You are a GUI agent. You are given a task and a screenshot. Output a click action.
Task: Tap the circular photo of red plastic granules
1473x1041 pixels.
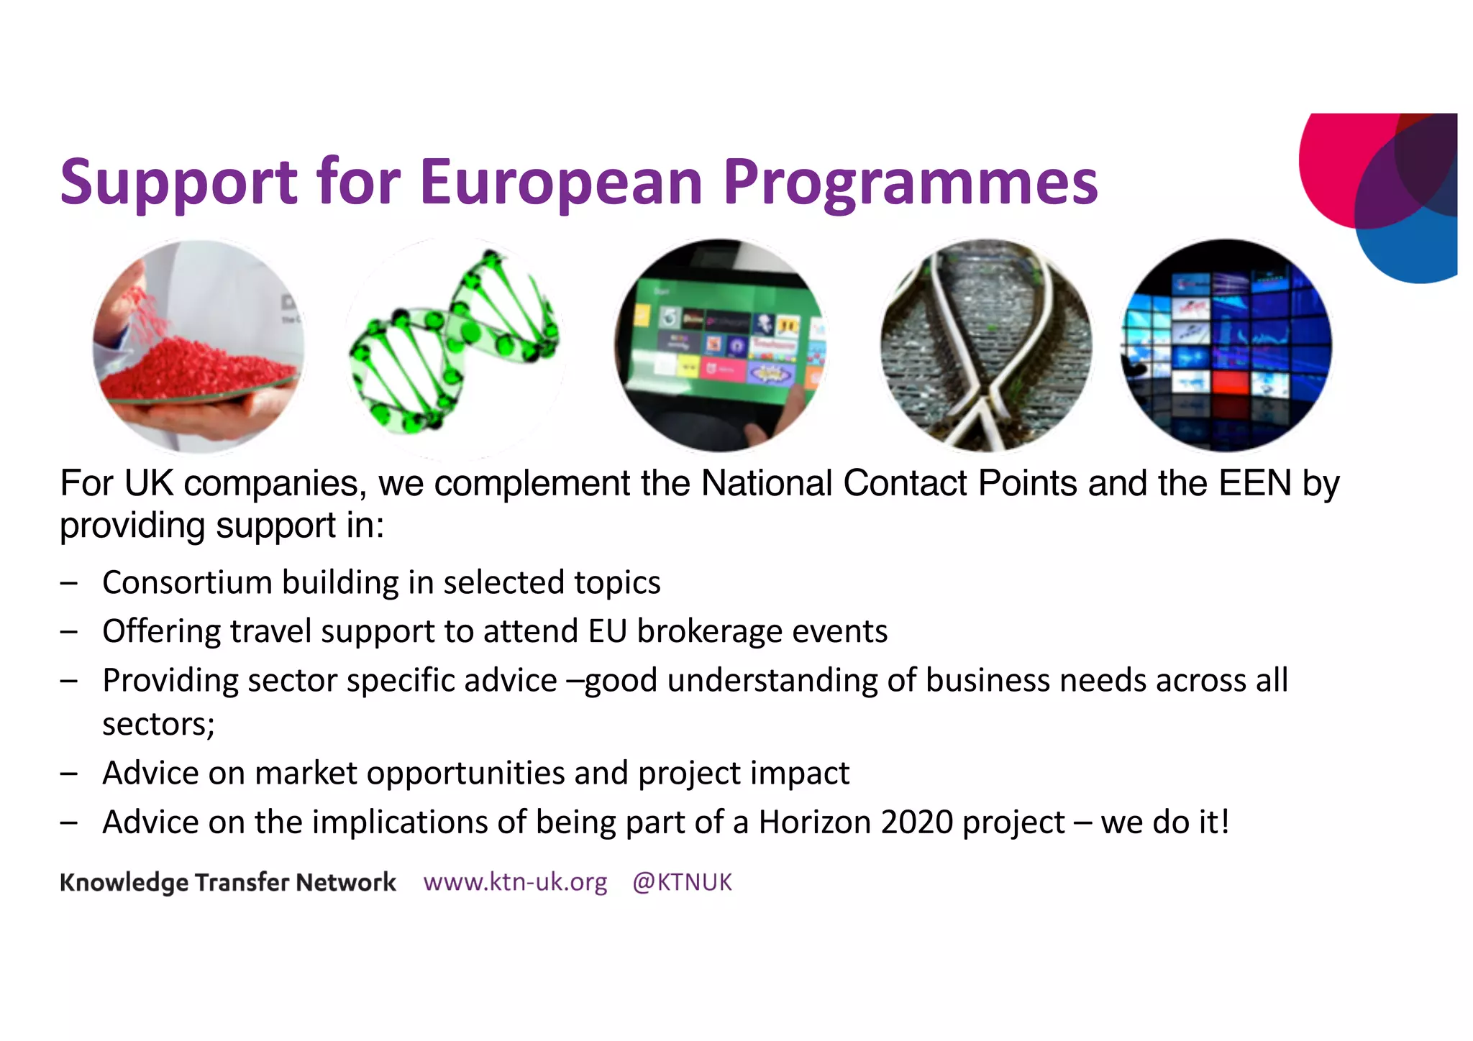198,347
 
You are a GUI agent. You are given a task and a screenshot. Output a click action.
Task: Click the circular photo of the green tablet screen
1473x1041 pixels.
721,346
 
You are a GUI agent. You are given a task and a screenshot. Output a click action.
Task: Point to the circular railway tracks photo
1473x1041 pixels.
986,346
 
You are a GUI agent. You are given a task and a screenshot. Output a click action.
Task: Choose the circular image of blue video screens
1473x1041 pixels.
1227,346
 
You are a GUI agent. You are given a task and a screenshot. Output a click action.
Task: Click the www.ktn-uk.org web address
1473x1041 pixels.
515,882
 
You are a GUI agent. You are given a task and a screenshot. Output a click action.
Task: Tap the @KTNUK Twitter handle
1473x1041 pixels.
682,882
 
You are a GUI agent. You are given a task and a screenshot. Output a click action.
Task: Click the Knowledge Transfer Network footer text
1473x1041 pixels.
228,882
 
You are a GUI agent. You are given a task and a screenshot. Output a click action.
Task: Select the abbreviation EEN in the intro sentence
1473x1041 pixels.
1254,483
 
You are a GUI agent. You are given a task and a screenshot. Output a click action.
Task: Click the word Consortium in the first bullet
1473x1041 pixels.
187,582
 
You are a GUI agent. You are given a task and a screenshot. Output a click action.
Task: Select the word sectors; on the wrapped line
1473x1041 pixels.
158,724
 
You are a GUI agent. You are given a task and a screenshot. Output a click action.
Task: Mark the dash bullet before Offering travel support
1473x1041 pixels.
69,632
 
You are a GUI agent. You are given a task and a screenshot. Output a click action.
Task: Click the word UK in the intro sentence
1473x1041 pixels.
149,483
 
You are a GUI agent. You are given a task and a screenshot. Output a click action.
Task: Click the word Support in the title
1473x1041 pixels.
178,183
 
